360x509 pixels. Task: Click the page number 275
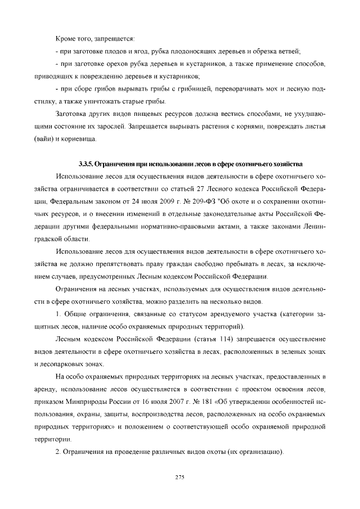pyautogui.click(x=180, y=478)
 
